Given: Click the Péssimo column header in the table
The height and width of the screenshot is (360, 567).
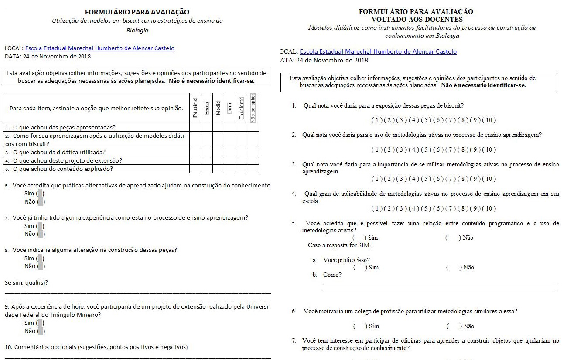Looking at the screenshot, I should click(x=195, y=108).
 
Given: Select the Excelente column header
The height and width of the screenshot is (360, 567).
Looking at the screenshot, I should click(x=241, y=108).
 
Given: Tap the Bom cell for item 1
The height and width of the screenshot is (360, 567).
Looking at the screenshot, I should click(x=230, y=127).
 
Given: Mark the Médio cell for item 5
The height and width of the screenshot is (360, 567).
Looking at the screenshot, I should click(x=218, y=169).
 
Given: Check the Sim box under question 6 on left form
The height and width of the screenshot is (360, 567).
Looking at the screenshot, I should click(x=40, y=194).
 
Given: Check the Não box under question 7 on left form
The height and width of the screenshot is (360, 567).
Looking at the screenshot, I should click(x=41, y=234).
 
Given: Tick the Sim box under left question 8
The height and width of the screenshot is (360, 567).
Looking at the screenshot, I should click(x=40, y=258).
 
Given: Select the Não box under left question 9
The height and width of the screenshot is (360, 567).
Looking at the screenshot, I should click(x=41, y=331).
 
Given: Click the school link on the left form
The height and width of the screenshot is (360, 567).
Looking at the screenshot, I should click(x=99, y=48).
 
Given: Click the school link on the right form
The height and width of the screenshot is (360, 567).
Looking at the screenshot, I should click(x=378, y=51).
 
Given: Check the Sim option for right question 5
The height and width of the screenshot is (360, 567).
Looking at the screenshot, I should click(x=359, y=238).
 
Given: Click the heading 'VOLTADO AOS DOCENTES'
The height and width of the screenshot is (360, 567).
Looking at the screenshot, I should click(x=417, y=19).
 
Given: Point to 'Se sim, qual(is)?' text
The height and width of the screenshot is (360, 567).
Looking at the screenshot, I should click(x=26, y=283).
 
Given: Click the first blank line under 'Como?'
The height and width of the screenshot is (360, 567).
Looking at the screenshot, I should click(x=440, y=284).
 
